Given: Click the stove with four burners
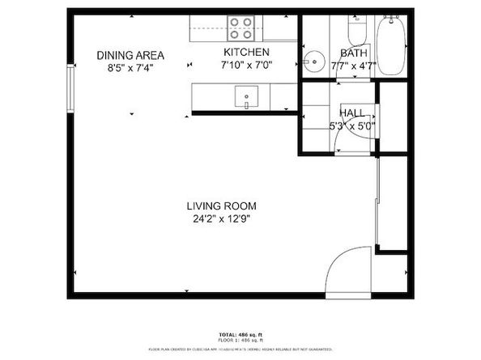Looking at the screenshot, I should click(x=240, y=28).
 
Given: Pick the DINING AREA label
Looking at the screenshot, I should click(x=130, y=55).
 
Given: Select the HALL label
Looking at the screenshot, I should click(x=352, y=112).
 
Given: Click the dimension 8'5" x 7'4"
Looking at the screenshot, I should click(x=130, y=68).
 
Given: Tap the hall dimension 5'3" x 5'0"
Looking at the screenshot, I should click(x=352, y=125).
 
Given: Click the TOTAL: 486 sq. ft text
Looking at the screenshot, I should click(x=240, y=334).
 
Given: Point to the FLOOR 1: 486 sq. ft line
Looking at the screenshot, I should click(x=240, y=341).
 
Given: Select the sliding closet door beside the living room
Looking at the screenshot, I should click(x=378, y=204).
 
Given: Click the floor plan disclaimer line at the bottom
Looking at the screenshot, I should click(x=240, y=349).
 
